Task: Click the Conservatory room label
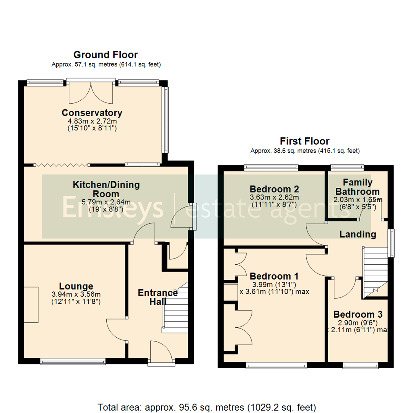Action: [92, 113]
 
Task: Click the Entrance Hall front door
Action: [161, 352]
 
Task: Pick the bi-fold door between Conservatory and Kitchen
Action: [62, 165]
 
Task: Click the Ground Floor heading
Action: [106, 55]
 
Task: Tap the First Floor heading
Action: [304, 141]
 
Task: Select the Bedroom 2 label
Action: [274, 189]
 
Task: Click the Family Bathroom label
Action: [357, 187]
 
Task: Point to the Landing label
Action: [358, 234]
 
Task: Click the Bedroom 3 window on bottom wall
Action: [360, 366]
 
